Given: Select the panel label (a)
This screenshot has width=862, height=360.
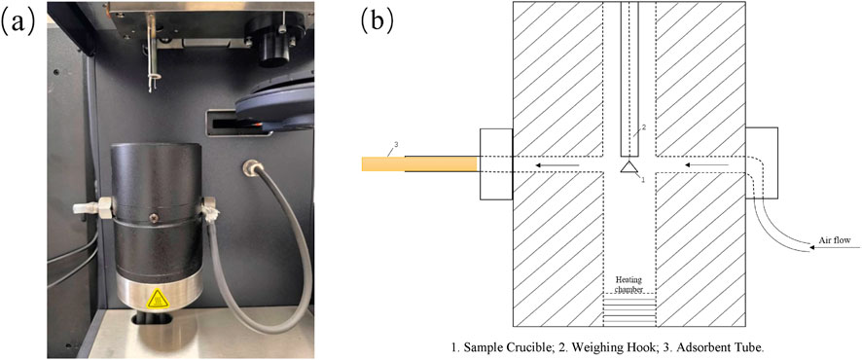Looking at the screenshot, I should click(x=20, y=21).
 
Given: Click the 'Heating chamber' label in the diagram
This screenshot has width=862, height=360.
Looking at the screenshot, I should click(x=629, y=284).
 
